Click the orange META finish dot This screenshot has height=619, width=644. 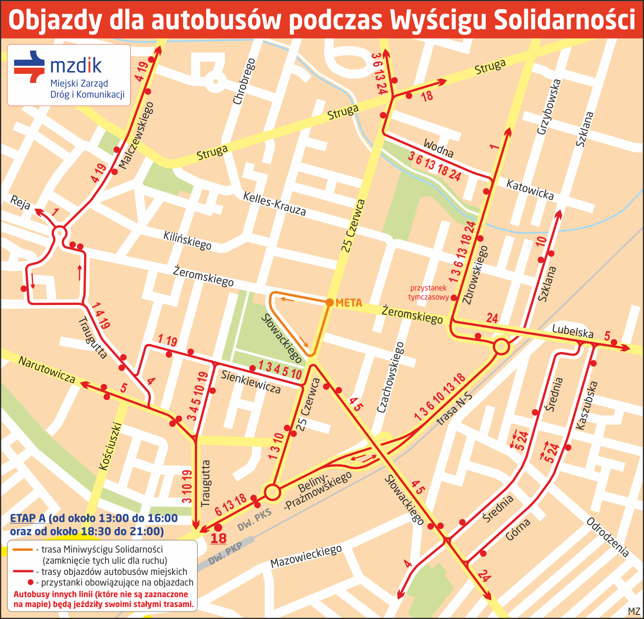(x=330, y=302)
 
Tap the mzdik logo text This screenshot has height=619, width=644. (x=76, y=65)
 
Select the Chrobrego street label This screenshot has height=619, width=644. (x=244, y=81)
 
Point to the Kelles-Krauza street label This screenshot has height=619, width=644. (x=274, y=204)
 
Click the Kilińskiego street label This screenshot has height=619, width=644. (x=187, y=241)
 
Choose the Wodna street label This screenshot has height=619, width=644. (x=439, y=149)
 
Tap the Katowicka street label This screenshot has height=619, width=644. (x=530, y=189)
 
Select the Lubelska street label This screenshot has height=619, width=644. (x=573, y=331)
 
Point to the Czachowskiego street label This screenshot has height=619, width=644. (x=390, y=377)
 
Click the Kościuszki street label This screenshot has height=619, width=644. (x=110, y=446)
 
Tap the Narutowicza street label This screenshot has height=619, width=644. (x=47, y=370)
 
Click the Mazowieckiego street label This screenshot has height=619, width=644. (x=306, y=556)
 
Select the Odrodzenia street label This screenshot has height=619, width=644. (x=608, y=537)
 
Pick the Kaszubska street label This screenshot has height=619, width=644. (x=586, y=406)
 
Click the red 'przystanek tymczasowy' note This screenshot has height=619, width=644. (x=428, y=293)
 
